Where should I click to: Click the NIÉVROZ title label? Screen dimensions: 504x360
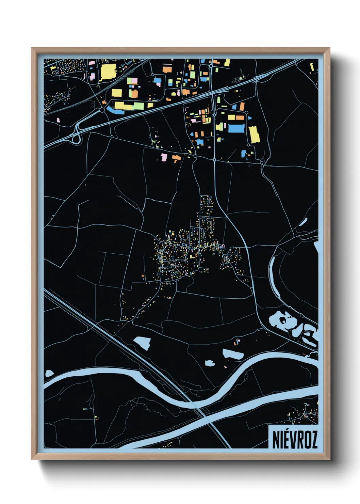[x=295, y=439]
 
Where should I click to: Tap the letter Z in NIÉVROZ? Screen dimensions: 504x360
[x=314, y=440]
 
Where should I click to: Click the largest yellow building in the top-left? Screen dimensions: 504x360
[x=108, y=72]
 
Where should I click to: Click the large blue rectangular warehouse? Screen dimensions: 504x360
[x=236, y=128]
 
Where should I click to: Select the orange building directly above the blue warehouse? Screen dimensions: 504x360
[x=240, y=117]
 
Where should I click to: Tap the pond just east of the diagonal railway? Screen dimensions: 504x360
[x=142, y=342]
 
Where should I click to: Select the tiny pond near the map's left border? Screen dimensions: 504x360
[x=50, y=373]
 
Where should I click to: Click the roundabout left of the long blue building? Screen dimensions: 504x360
[x=102, y=110]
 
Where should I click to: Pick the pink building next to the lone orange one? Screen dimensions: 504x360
[x=164, y=157]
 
